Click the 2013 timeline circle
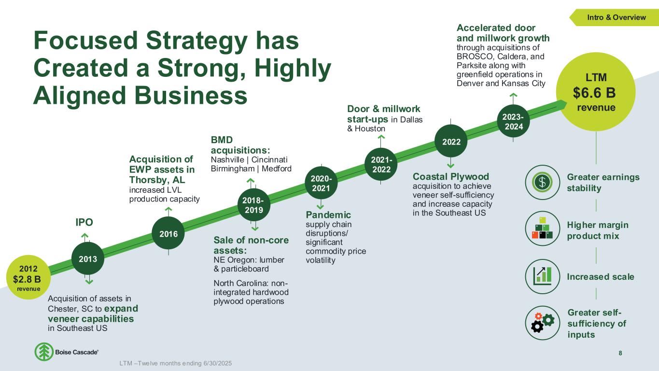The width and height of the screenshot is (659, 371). tap(88, 258)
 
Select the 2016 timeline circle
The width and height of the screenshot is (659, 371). tap(168, 233)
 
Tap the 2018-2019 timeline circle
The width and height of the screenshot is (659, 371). tap(254, 205)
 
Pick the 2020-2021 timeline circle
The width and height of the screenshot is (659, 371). tap(321, 183)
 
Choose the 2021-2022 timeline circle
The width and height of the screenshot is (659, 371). tap(381, 164)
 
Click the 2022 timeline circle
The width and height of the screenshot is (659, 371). tap(451, 142)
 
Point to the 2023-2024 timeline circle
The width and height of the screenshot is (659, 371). tap(514, 121)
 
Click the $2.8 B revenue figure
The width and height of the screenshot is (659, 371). tap(27, 279)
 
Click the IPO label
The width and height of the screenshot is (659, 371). tap(84, 222)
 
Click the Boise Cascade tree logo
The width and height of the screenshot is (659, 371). tap(44, 352)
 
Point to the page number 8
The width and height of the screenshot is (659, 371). tap(620, 353)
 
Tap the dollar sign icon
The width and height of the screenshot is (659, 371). tap(542, 182)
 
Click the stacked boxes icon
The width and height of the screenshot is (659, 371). tap(542, 228)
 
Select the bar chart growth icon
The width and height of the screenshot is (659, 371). tap(542, 276)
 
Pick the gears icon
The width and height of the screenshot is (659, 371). tap(542, 323)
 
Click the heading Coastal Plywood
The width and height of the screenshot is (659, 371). tap(451, 176)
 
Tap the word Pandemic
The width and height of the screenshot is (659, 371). tap(328, 214)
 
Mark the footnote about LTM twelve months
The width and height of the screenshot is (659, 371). tap(176, 363)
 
